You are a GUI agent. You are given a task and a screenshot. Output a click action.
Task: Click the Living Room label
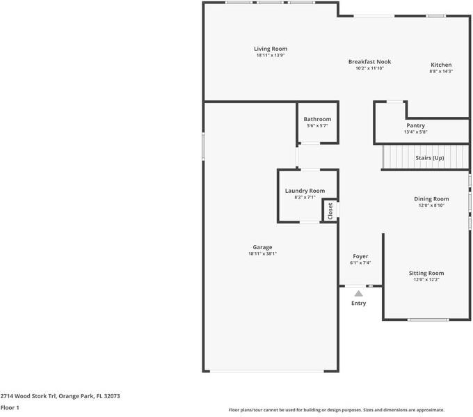[x=271, y=49]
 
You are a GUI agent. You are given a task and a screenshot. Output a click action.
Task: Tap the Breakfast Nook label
[x=369, y=61]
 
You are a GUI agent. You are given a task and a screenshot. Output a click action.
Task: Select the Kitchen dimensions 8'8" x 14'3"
[x=441, y=71]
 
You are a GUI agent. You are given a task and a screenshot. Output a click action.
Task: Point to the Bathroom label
[x=317, y=119]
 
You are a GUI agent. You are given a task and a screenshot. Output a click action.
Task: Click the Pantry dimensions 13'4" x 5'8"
[x=416, y=132]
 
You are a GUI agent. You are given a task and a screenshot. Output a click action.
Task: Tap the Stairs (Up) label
[x=430, y=158]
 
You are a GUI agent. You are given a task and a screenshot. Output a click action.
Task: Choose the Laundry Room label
[x=305, y=191]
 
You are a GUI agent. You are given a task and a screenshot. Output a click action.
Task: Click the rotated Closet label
[x=330, y=211]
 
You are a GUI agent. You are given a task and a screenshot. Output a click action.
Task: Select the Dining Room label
[x=431, y=198]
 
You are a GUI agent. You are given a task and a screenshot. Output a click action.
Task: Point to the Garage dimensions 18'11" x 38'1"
[x=262, y=253]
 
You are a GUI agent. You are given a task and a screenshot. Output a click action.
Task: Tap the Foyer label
[x=360, y=256]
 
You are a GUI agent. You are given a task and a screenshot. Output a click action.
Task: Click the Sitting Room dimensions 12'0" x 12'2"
[x=426, y=280]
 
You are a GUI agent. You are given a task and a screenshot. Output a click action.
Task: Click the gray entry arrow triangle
[x=358, y=294]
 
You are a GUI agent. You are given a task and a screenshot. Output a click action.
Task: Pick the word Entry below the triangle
[x=358, y=303]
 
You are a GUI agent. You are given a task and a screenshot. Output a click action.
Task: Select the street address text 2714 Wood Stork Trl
[x=28, y=396]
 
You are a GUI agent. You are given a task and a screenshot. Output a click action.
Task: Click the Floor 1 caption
[x=10, y=408]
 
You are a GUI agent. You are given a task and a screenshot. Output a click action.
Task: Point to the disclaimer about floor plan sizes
[x=337, y=410]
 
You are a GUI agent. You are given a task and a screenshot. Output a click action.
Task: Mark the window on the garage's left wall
[x=203, y=146]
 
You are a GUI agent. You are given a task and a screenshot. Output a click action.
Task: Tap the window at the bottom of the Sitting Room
[x=428, y=320]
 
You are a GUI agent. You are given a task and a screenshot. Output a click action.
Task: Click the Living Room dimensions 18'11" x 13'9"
[x=271, y=55]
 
